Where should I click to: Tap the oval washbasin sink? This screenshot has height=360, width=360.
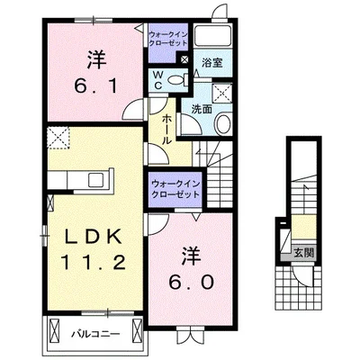point(223,123)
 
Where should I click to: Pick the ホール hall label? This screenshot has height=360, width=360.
point(168,121)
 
